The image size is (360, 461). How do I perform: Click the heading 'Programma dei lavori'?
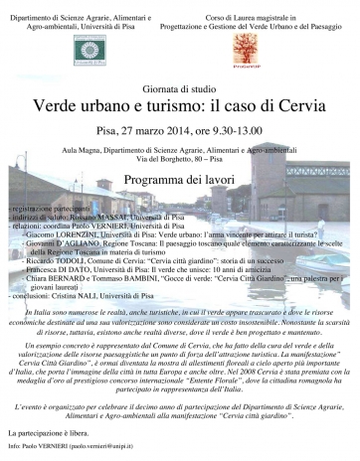coord(180,180)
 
